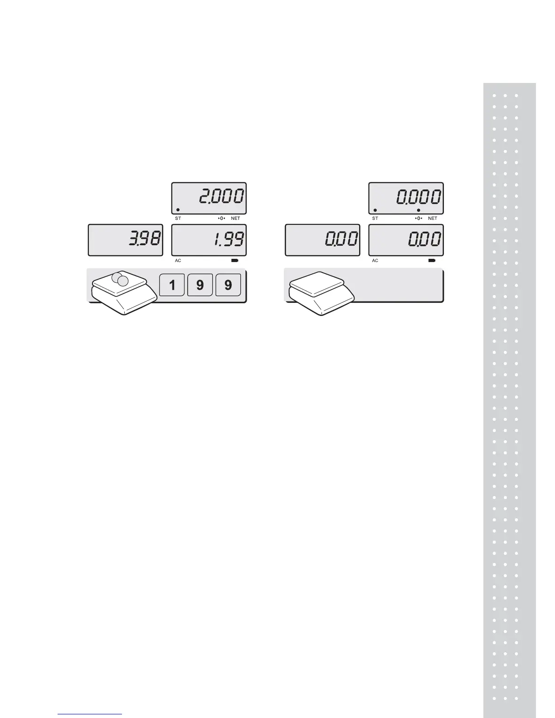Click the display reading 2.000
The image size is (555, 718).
click(x=209, y=198)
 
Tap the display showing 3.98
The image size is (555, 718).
click(x=125, y=240)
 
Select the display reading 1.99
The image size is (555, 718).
click(x=209, y=240)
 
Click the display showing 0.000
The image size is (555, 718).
click(x=406, y=198)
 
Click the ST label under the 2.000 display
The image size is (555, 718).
click(x=178, y=218)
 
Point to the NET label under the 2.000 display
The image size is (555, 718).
click(x=235, y=218)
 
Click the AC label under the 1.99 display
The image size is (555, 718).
click(x=178, y=261)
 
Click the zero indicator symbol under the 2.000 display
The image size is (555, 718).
click(x=222, y=218)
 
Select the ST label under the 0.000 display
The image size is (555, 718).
click(x=375, y=218)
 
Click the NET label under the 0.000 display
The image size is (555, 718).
click(x=433, y=218)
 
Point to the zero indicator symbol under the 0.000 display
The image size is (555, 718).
click(x=419, y=218)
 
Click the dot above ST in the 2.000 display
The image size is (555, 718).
click(x=178, y=210)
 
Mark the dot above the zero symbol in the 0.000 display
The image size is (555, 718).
click(x=419, y=210)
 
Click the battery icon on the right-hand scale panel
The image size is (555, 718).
click(x=432, y=261)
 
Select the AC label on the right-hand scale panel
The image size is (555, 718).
click(x=375, y=261)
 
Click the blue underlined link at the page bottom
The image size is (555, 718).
click(x=90, y=714)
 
